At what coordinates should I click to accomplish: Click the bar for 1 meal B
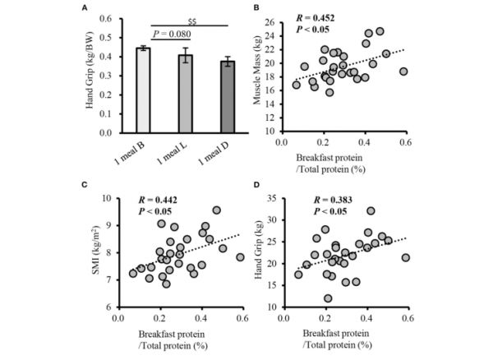coord(143,90)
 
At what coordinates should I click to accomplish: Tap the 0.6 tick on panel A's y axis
coord(105,18)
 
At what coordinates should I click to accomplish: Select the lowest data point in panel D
coord(329,298)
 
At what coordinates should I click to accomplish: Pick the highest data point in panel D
coord(371,211)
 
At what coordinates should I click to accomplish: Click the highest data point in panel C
coord(217,210)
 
